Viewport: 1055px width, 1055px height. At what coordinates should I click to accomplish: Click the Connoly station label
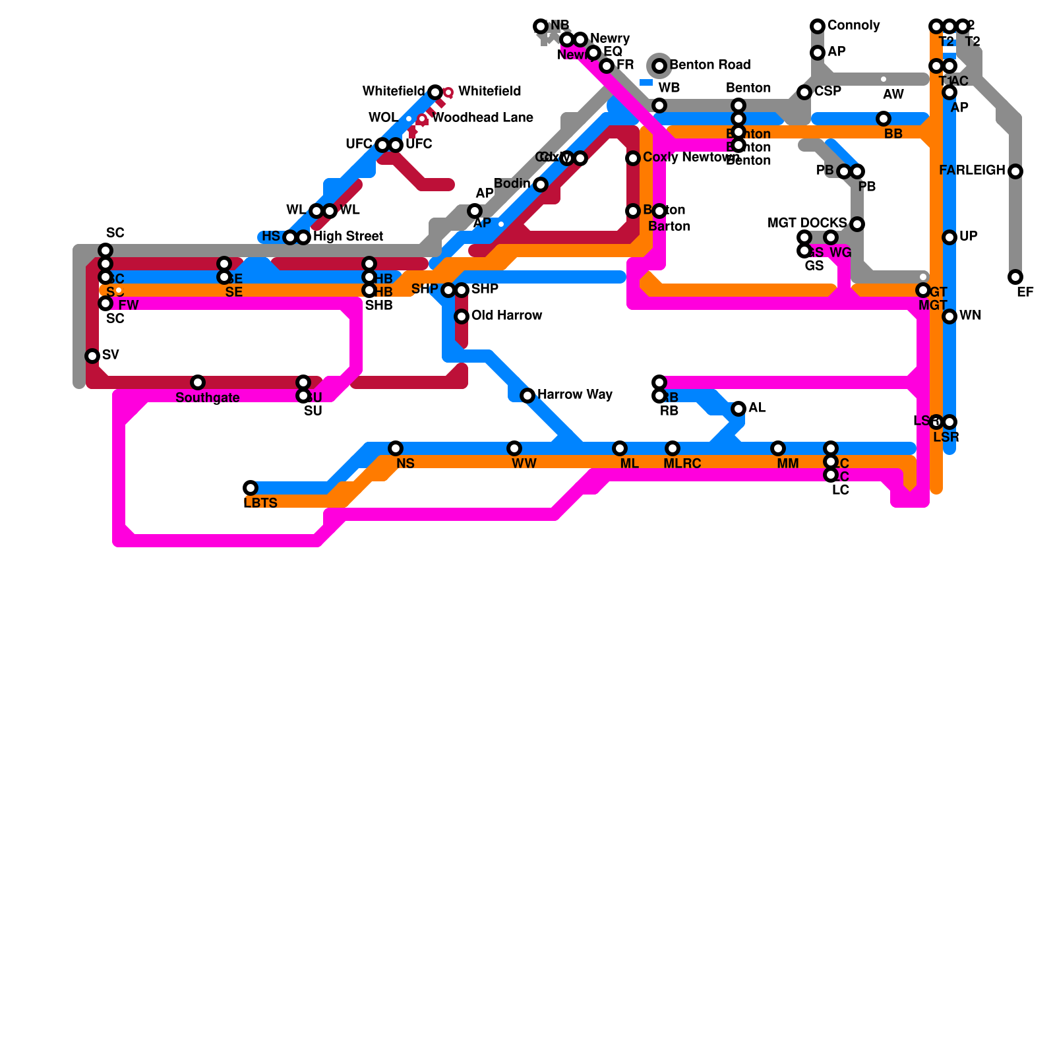tap(853, 26)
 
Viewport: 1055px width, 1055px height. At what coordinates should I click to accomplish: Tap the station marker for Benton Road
tap(659, 65)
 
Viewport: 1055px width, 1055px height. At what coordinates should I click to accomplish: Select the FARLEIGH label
tap(972, 171)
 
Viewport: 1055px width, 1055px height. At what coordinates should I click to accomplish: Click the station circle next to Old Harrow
tap(462, 316)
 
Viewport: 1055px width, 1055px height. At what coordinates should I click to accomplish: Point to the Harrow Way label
tap(574, 395)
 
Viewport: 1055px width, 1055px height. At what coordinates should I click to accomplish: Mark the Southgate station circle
tap(198, 382)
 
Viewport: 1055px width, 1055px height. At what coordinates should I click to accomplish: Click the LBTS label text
tap(260, 503)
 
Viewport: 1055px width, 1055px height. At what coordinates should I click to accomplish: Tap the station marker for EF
tap(1015, 277)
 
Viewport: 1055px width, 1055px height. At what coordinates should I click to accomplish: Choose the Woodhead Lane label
tap(482, 118)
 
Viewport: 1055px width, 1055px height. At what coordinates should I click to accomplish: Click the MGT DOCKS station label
tap(806, 224)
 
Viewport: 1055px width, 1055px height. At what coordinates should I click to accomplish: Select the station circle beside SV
tap(92, 356)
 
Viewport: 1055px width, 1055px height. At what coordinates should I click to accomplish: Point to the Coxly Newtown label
tap(690, 158)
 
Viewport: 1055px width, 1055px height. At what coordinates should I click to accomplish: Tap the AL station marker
tap(738, 409)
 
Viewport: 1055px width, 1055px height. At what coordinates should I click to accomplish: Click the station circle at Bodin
tap(541, 185)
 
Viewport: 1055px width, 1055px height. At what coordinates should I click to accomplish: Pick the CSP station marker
tap(804, 92)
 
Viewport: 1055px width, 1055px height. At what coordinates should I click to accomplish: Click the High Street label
tap(347, 237)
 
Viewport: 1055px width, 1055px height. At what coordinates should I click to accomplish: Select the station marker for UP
tap(950, 237)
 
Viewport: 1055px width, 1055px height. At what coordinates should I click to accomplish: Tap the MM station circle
tap(778, 448)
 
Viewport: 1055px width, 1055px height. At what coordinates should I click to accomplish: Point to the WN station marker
tap(950, 316)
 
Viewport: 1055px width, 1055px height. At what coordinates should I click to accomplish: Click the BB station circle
tap(884, 119)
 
